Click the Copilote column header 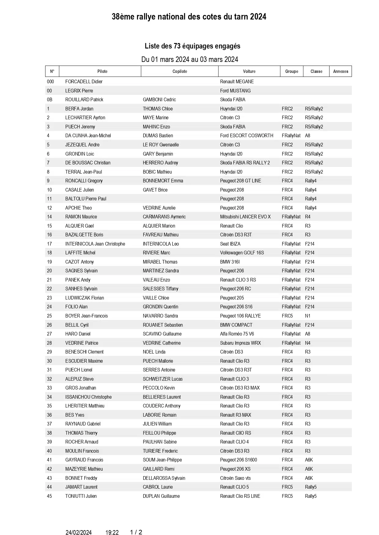tap(180, 71)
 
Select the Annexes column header tap(341, 71)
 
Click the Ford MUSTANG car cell tap(235, 91)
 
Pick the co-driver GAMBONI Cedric tap(159, 100)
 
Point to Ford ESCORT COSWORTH tap(246, 136)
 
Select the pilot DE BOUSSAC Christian tap(88, 163)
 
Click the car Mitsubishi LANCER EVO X tap(245, 217)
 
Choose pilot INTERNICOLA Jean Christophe tap(95, 244)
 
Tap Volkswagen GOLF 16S tap(242, 253)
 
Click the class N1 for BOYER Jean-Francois tap(308, 316)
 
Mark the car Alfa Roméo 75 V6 tap(237, 334)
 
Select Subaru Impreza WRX tap(240, 343)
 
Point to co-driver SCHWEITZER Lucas tap(162, 379)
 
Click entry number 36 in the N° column tap(49, 415)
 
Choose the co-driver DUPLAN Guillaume tap(161, 496)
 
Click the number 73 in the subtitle tap(177, 46)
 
